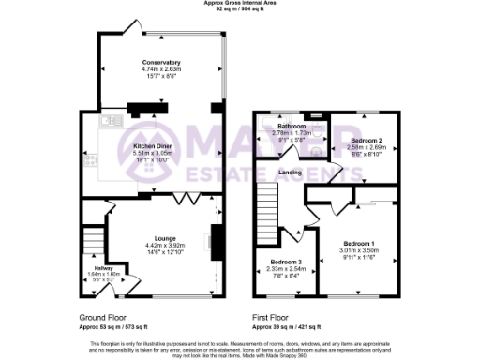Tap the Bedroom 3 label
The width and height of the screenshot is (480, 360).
click(286, 262)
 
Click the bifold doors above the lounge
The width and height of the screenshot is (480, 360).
click(188, 201)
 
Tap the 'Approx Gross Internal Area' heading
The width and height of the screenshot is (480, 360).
click(239, 4)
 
